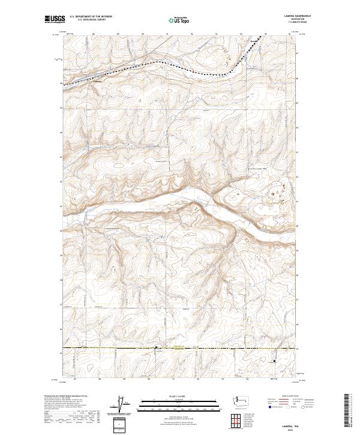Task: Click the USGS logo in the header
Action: point(55,19)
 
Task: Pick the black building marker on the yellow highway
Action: point(157,347)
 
